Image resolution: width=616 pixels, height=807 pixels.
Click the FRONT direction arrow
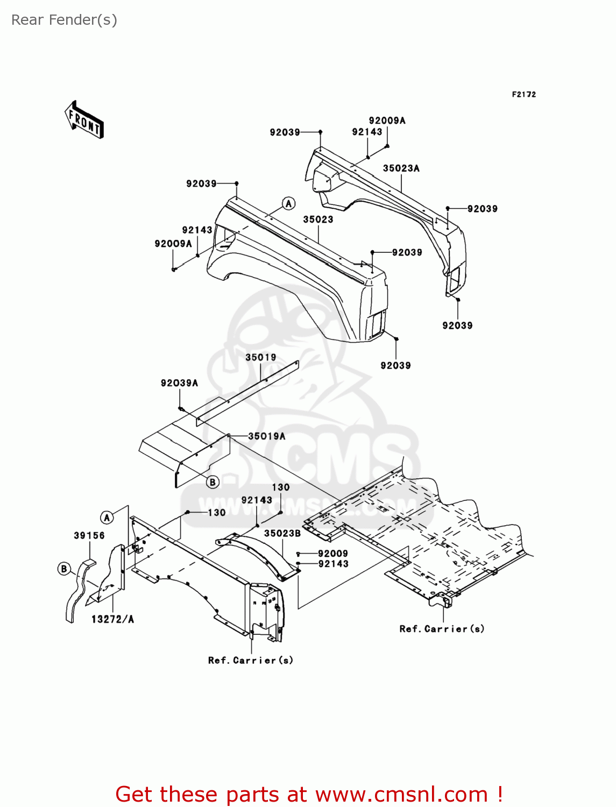coord(84,119)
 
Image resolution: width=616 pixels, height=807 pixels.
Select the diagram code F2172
coord(523,94)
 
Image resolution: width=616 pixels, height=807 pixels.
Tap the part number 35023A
coord(401,168)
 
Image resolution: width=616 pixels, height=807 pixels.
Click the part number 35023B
coord(282,533)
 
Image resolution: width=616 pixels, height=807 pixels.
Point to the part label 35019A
coord(266,436)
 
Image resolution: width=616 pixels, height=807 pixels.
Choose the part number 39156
coord(89,535)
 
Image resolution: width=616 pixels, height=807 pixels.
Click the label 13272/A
coord(112,619)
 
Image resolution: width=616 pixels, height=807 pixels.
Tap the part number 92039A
coord(179,383)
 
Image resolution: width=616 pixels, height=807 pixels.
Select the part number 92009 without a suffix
coord(332,554)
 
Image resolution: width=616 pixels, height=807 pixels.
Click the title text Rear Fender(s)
coord(64,20)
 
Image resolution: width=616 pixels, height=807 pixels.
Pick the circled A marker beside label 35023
coord(289,203)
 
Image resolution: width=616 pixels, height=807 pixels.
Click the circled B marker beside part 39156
coord(64,569)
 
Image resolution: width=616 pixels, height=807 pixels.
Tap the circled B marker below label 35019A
coord(213,482)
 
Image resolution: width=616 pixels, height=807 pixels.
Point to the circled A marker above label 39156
coord(107,518)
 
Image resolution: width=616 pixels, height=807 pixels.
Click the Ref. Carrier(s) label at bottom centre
coord(251,660)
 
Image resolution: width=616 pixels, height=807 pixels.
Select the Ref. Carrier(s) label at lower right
coord(442,628)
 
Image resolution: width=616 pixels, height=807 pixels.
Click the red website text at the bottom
coord(309,794)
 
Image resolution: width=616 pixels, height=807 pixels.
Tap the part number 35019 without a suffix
coord(261,357)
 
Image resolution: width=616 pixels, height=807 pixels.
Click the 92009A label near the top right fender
coord(387,121)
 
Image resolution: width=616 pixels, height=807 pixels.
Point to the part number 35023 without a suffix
coord(318,220)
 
